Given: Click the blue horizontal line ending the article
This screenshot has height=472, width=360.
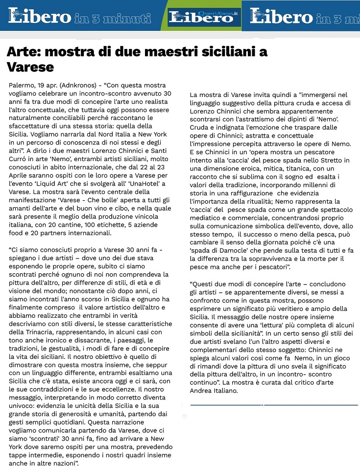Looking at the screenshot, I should tap(274, 405).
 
